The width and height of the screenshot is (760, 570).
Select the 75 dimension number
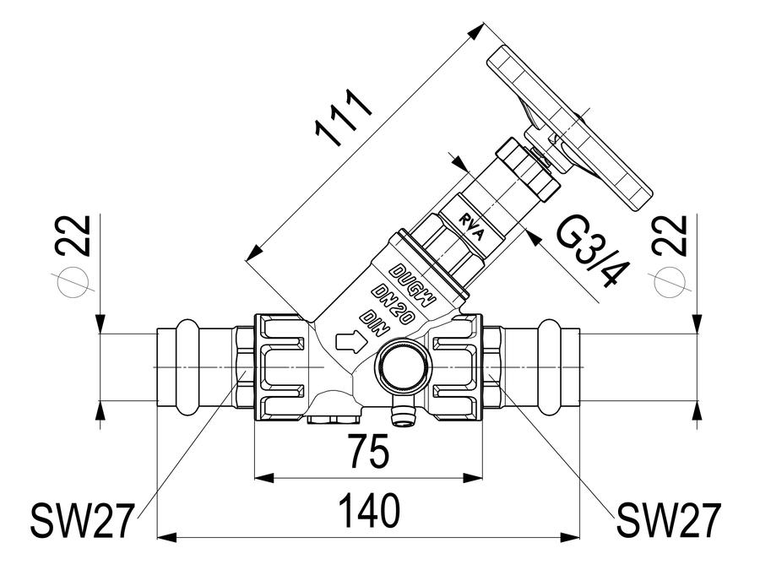(x=369, y=451)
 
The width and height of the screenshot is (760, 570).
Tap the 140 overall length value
(x=369, y=510)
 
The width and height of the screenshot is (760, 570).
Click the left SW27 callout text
(x=81, y=520)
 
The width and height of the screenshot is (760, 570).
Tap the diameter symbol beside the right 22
(x=670, y=281)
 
